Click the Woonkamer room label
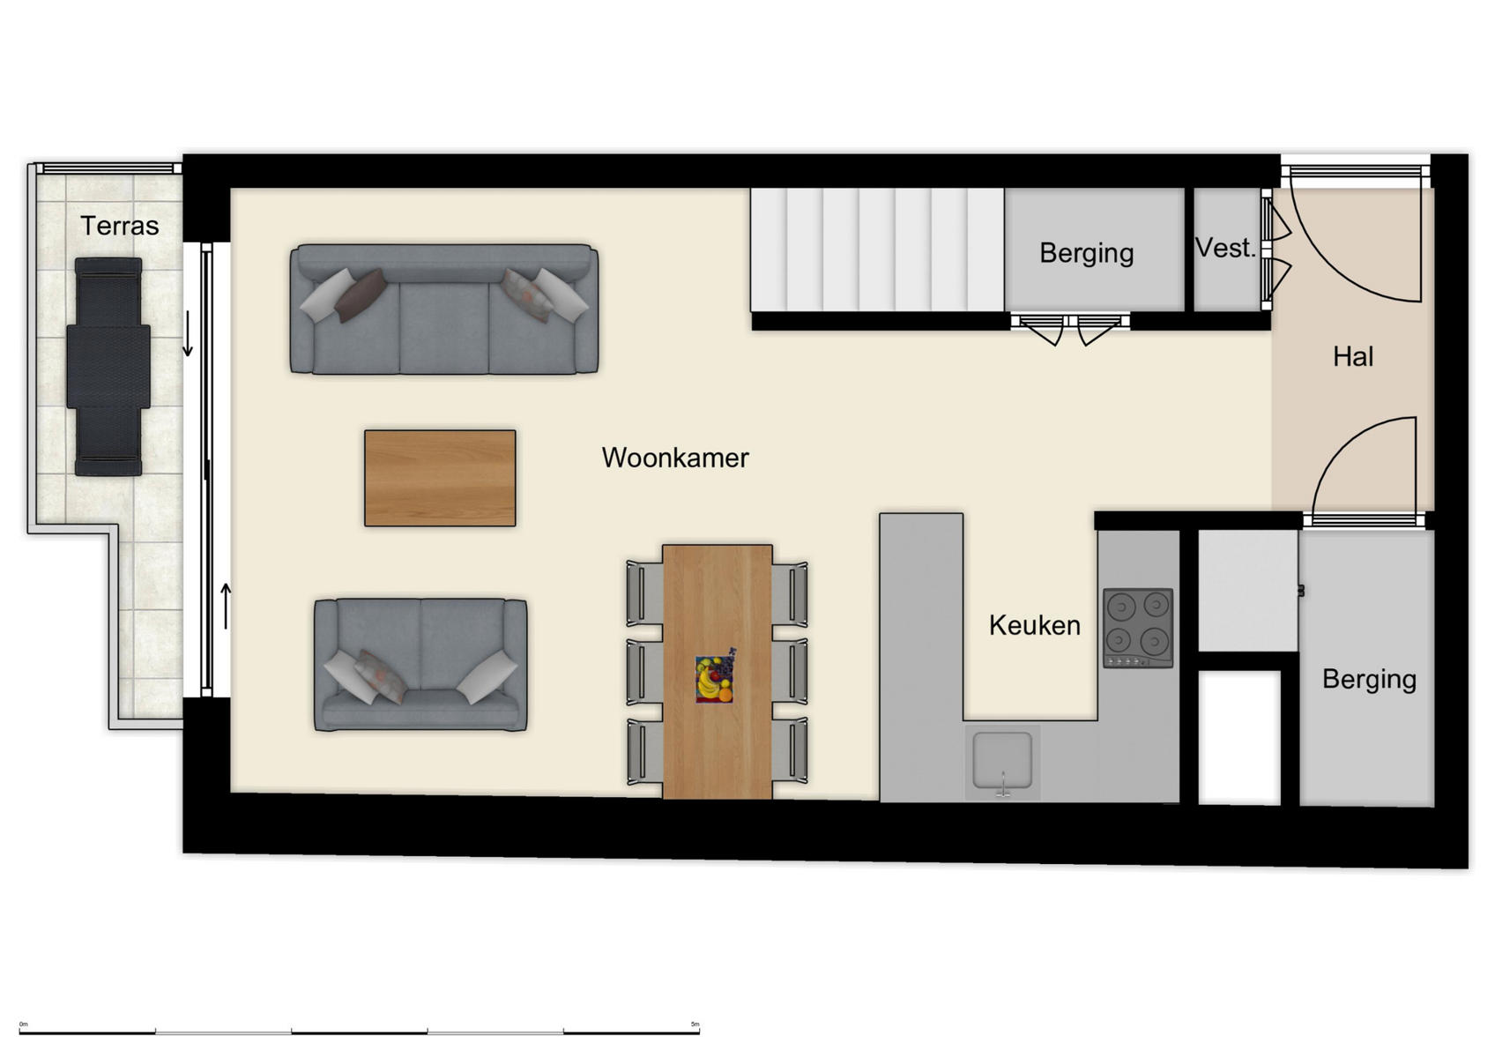click(675, 458)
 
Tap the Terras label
click(120, 226)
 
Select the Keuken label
click(1034, 625)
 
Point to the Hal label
click(1353, 356)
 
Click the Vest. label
click(1225, 248)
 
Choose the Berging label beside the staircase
click(1086, 253)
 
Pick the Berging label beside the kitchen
click(1369, 679)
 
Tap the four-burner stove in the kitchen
click(1138, 627)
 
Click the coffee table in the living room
click(440, 478)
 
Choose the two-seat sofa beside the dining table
click(420, 665)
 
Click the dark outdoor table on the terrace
click(108, 367)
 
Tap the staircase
click(877, 250)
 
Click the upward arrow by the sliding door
click(226, 606)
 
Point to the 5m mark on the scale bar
click(695, 1024)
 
